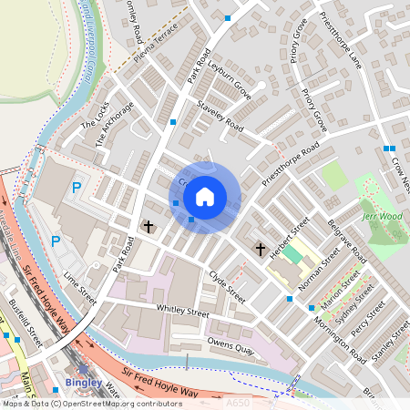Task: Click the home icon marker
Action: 205,196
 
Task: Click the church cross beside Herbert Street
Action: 260,248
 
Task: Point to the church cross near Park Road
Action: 149,225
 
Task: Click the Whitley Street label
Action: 182,312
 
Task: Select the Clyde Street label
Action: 227,286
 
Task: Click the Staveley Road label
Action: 219,117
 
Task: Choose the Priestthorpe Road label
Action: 289,161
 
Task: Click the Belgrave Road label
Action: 346,238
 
